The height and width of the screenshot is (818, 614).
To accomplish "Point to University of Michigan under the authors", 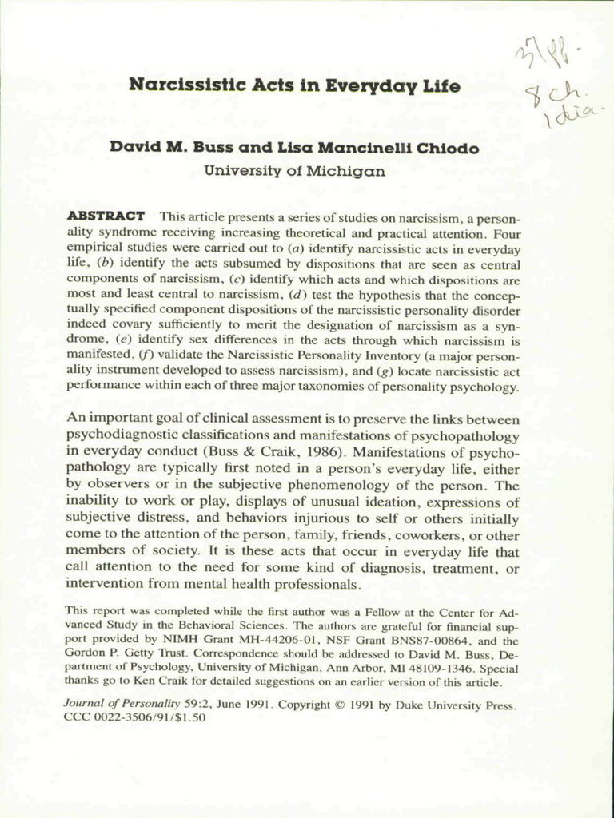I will (x=294, y=170).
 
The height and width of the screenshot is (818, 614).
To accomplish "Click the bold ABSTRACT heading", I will (x=106, y=216).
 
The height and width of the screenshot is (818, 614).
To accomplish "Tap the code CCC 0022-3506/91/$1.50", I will (x=134, y=718).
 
